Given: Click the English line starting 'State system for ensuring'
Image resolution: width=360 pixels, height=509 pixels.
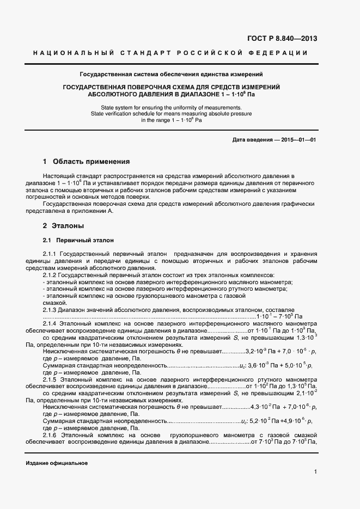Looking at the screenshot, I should [x=172, y=108].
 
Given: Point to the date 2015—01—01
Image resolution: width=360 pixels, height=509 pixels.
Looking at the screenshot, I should [x=298, y=140].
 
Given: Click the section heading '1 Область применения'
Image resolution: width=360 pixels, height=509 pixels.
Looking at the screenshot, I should [x=86, y=162].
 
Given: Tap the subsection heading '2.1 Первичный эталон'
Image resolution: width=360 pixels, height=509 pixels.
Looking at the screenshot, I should [x=78, y=240].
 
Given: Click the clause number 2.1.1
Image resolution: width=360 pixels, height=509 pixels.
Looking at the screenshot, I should [x=50, y=254].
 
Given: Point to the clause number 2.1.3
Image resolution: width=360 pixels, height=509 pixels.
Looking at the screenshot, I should [x=50, y=309].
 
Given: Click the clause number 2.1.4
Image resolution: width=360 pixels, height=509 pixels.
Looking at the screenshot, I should [x=50, y=323].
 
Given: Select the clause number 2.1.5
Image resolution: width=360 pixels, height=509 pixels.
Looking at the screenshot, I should [x=50, y=378].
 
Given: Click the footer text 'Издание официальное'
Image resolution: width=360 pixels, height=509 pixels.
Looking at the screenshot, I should [x=57, y=463].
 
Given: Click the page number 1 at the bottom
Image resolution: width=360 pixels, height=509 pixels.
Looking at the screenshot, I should [x=315, y=472].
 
